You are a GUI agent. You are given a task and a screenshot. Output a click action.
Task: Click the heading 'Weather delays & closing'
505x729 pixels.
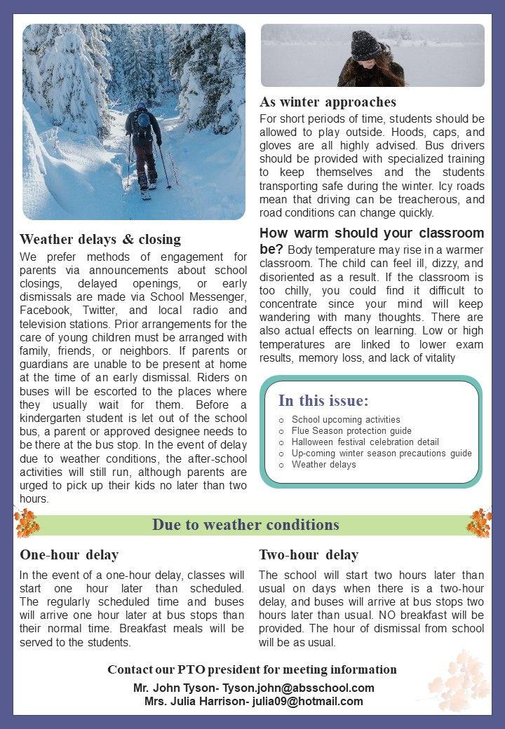point(100,239)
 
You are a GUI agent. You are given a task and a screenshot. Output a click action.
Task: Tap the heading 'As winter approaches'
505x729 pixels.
point(328,102)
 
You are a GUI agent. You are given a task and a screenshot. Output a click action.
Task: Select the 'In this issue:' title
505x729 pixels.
point(323,401)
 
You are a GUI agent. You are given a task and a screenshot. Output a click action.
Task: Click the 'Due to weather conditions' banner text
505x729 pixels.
point(245,524)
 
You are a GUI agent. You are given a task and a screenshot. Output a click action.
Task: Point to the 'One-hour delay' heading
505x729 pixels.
point(69,555)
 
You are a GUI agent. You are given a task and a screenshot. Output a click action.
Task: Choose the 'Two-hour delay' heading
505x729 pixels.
point(309,555)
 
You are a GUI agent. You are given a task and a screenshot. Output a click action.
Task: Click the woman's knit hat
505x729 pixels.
point(365,46)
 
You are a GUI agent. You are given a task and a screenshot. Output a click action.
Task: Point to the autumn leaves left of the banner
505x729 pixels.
point(26,523)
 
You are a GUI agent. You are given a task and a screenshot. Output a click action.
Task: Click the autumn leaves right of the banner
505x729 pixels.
point(480,522)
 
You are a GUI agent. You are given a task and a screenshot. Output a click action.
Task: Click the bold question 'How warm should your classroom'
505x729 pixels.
point(372,233)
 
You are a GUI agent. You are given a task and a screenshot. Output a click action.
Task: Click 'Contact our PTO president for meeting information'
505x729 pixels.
point(252,669)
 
